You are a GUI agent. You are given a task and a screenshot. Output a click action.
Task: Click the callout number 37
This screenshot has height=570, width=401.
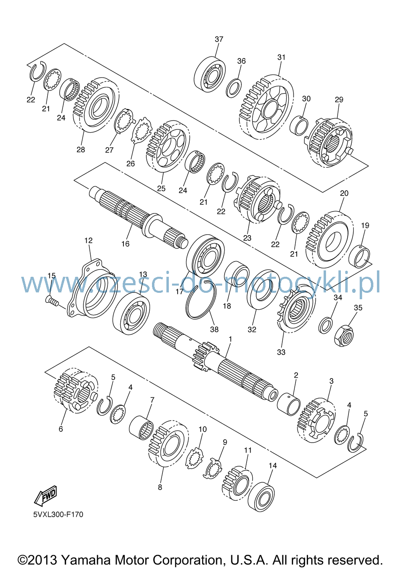219,39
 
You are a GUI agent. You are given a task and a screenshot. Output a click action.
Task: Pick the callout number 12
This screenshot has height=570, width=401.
88,240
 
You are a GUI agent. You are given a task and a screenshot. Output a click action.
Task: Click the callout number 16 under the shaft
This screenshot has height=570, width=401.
126,244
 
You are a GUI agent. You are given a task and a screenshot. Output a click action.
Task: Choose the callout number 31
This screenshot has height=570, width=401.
281,57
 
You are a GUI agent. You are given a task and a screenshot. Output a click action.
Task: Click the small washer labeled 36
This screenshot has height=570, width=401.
234,88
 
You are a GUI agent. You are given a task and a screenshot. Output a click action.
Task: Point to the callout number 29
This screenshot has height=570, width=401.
339,99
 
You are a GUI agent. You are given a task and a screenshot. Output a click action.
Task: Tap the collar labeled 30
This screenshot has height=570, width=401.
299,125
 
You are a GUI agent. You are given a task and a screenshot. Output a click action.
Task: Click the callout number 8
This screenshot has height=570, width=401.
160,487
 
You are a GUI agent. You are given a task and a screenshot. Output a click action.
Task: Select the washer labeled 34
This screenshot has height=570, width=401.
326,325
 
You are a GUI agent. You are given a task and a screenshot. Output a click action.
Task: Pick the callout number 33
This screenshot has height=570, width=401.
281,352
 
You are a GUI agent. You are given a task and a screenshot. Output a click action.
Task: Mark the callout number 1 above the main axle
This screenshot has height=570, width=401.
230,339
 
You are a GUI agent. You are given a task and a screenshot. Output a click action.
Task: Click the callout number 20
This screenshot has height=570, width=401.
344,193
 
